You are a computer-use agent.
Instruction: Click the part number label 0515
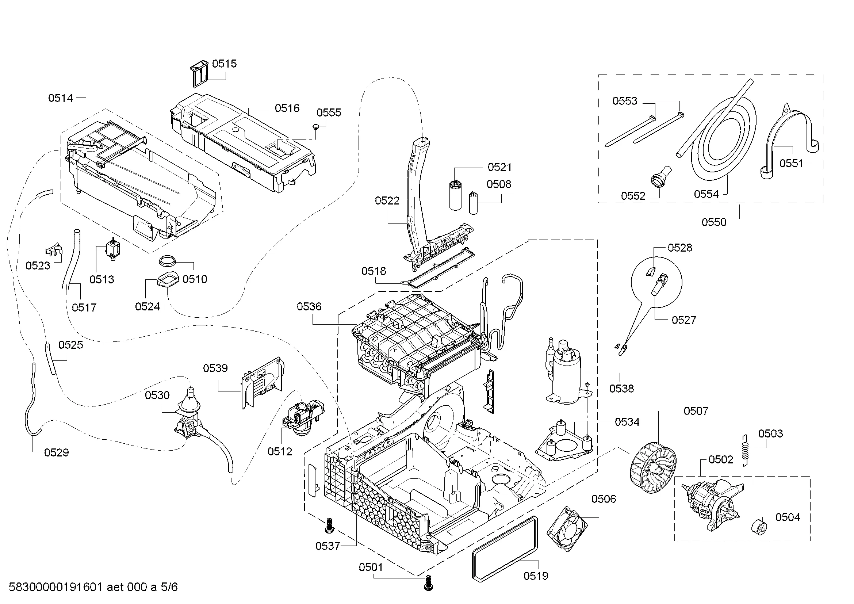coord(224,64)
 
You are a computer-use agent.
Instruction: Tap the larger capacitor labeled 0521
coord(455,195)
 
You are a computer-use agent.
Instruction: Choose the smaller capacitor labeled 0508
coord(474,203)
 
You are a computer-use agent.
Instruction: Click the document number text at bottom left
coord(93,587)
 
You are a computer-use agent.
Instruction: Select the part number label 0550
coord(713,222)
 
